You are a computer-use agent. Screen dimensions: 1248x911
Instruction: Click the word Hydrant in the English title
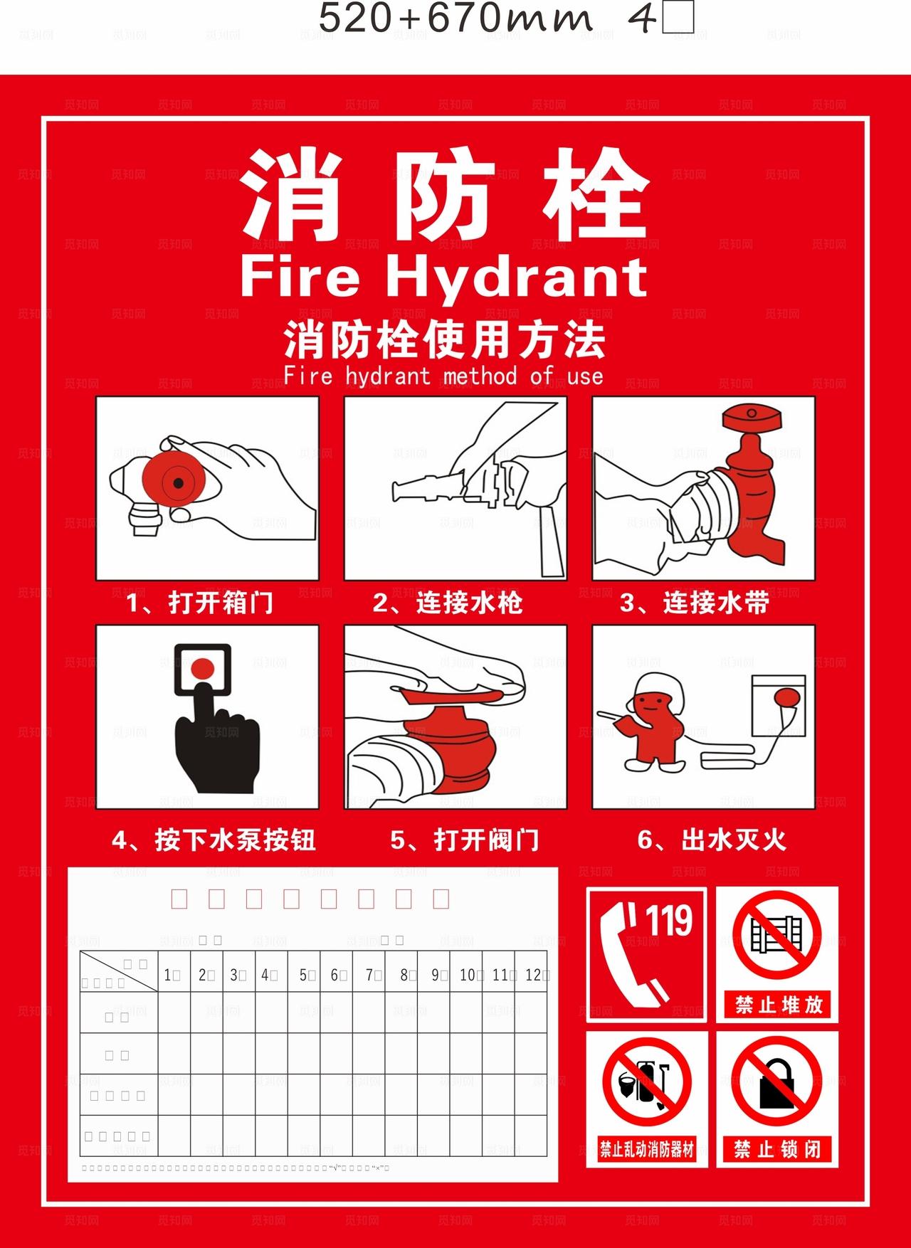516,279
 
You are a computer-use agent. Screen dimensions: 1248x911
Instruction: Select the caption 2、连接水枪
448,603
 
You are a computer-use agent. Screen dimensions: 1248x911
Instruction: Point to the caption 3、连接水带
695,603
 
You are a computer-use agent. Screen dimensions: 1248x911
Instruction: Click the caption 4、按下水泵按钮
213,840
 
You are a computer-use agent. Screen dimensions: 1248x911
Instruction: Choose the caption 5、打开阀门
464,840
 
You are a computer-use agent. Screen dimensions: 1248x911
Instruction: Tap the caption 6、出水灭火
712,840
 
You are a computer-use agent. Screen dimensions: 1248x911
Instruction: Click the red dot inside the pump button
203,667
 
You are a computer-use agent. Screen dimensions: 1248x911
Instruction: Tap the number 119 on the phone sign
669,921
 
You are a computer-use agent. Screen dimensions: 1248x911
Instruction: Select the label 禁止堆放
778,1005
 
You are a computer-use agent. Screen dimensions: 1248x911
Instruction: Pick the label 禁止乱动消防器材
646,1149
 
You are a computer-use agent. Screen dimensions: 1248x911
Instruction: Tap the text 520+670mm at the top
455,19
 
